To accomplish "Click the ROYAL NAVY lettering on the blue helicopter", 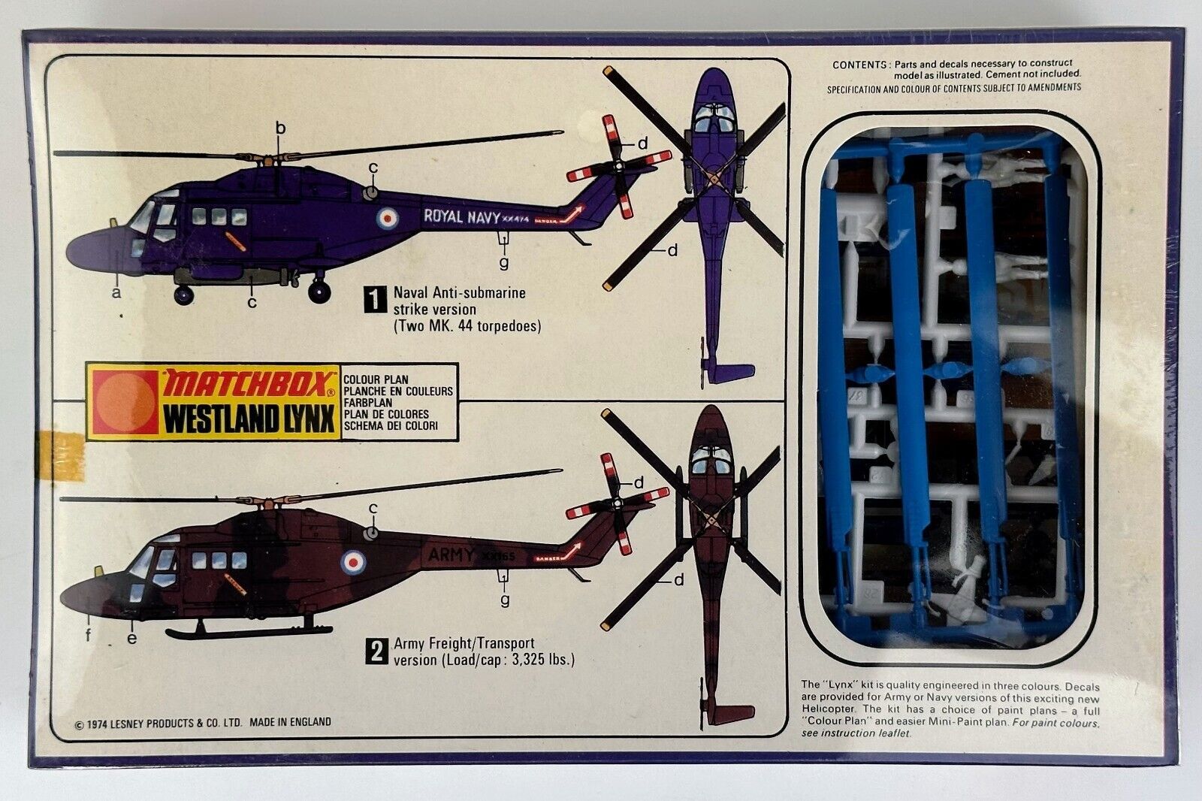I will [461, 217].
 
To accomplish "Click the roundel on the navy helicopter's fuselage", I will [387, 219].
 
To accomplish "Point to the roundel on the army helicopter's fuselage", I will [352, 560].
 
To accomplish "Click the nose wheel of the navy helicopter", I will [184, 295].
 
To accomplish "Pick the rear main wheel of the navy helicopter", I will [319, 290].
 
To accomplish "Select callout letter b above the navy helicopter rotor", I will [280, 128].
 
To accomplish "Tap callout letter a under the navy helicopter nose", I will [116, 292].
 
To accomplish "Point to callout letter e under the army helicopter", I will [132, 638].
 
